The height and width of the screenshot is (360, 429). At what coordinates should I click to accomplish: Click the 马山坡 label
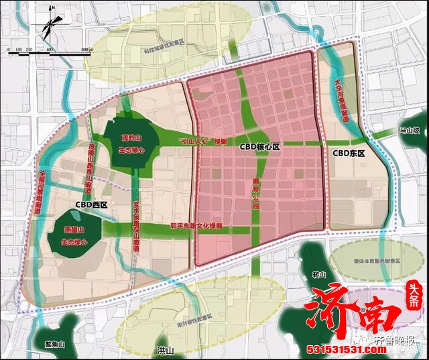click(409, 131)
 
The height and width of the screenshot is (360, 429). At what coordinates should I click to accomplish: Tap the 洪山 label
click(165, 351)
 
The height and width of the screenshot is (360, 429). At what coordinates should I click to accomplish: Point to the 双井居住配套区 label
click(190, 314)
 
